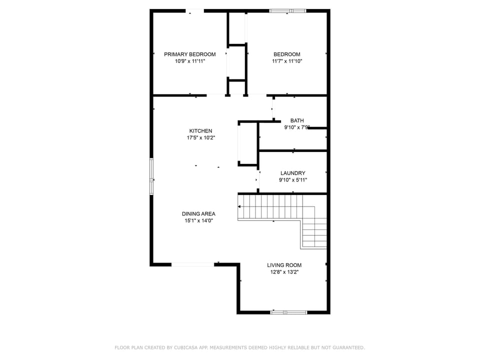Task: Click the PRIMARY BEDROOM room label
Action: (x=190, y=54)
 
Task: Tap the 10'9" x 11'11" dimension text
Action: (x=190, y=61)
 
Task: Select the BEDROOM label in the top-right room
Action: (x=287, y=54)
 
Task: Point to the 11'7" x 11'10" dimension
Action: (x=287, y=61)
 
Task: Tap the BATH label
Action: (x=297, y=120)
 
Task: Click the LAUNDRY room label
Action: (x=292, y=173)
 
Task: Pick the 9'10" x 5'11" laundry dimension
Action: (x=292, y=180)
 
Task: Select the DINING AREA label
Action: (x=198, y=214)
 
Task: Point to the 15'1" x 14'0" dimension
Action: (x=198, y=221)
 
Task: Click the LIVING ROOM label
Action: (x=284, y=265)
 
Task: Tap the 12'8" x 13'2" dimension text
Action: (x=284, y=272)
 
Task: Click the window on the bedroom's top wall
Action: (x=288, y=10)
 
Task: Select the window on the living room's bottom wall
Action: (x=288, y=312)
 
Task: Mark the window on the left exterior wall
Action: (x=151, y=176)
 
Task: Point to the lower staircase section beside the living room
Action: (x=314, y=234)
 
